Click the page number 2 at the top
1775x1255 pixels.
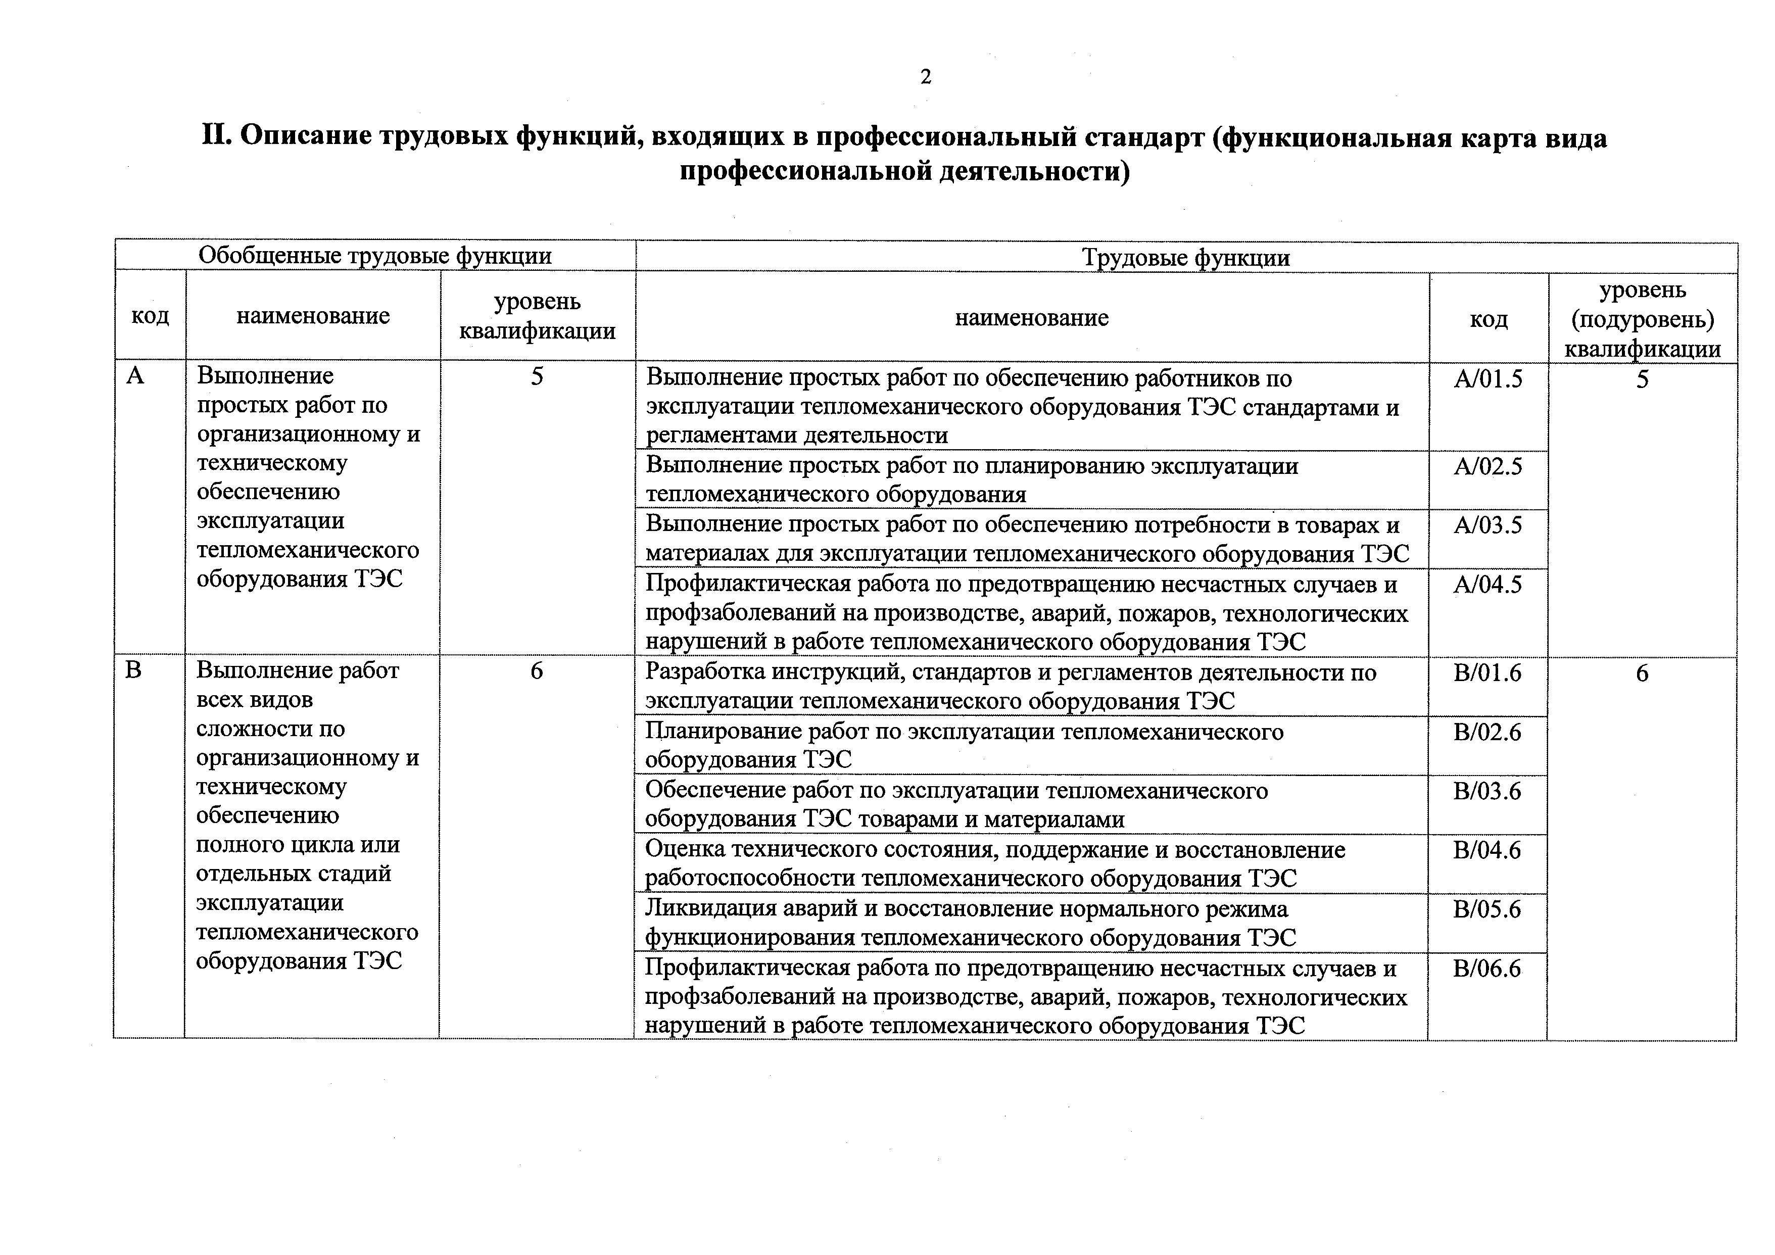click(925, 77)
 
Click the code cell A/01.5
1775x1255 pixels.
click(1488, 379)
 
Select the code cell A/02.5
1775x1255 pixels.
click(1488, 467)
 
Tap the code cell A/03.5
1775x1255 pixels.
click(1488, 526)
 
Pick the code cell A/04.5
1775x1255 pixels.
click(1488, 585)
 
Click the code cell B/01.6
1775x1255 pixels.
click(1486, 673)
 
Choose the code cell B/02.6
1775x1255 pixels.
click(1486, 732)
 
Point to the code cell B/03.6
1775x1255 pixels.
click(1486, 791)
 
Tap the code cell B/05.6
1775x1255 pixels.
click(1486, 909)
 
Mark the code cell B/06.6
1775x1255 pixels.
click(1486, 969)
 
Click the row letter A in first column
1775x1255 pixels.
click(135, 376)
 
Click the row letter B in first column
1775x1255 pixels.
click(134, 669)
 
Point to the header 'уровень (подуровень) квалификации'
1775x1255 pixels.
click(1642, 319)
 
